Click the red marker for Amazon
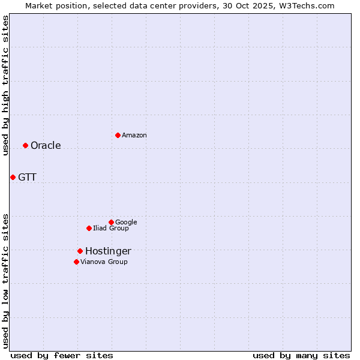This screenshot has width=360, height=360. pos(118,135)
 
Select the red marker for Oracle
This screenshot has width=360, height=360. pos(25,145)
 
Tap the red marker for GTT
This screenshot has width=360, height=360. pos(13,177)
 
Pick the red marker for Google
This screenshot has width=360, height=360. pos(111,222)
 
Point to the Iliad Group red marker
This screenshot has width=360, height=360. pos(89,228)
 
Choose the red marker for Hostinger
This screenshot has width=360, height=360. pos(80,251)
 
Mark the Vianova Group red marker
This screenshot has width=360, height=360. pos(76,262)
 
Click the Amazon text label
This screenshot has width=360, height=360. pos(134,136)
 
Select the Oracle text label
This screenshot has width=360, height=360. pos(46,146)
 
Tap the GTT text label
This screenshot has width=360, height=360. pos(27,178)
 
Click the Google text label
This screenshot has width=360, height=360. pos(126,223)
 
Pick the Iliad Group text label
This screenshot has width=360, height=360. pos(111,229)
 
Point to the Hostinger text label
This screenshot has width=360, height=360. pos(108,251)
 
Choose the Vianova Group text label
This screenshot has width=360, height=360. pos(104,262)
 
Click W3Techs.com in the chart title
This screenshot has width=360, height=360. pos(308,5)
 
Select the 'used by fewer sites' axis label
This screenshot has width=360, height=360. pos(62,355)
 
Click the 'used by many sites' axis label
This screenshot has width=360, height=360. pos(301,355)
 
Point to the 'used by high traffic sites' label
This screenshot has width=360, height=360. pos(5,85)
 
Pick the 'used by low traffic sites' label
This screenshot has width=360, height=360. pos(5,280)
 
